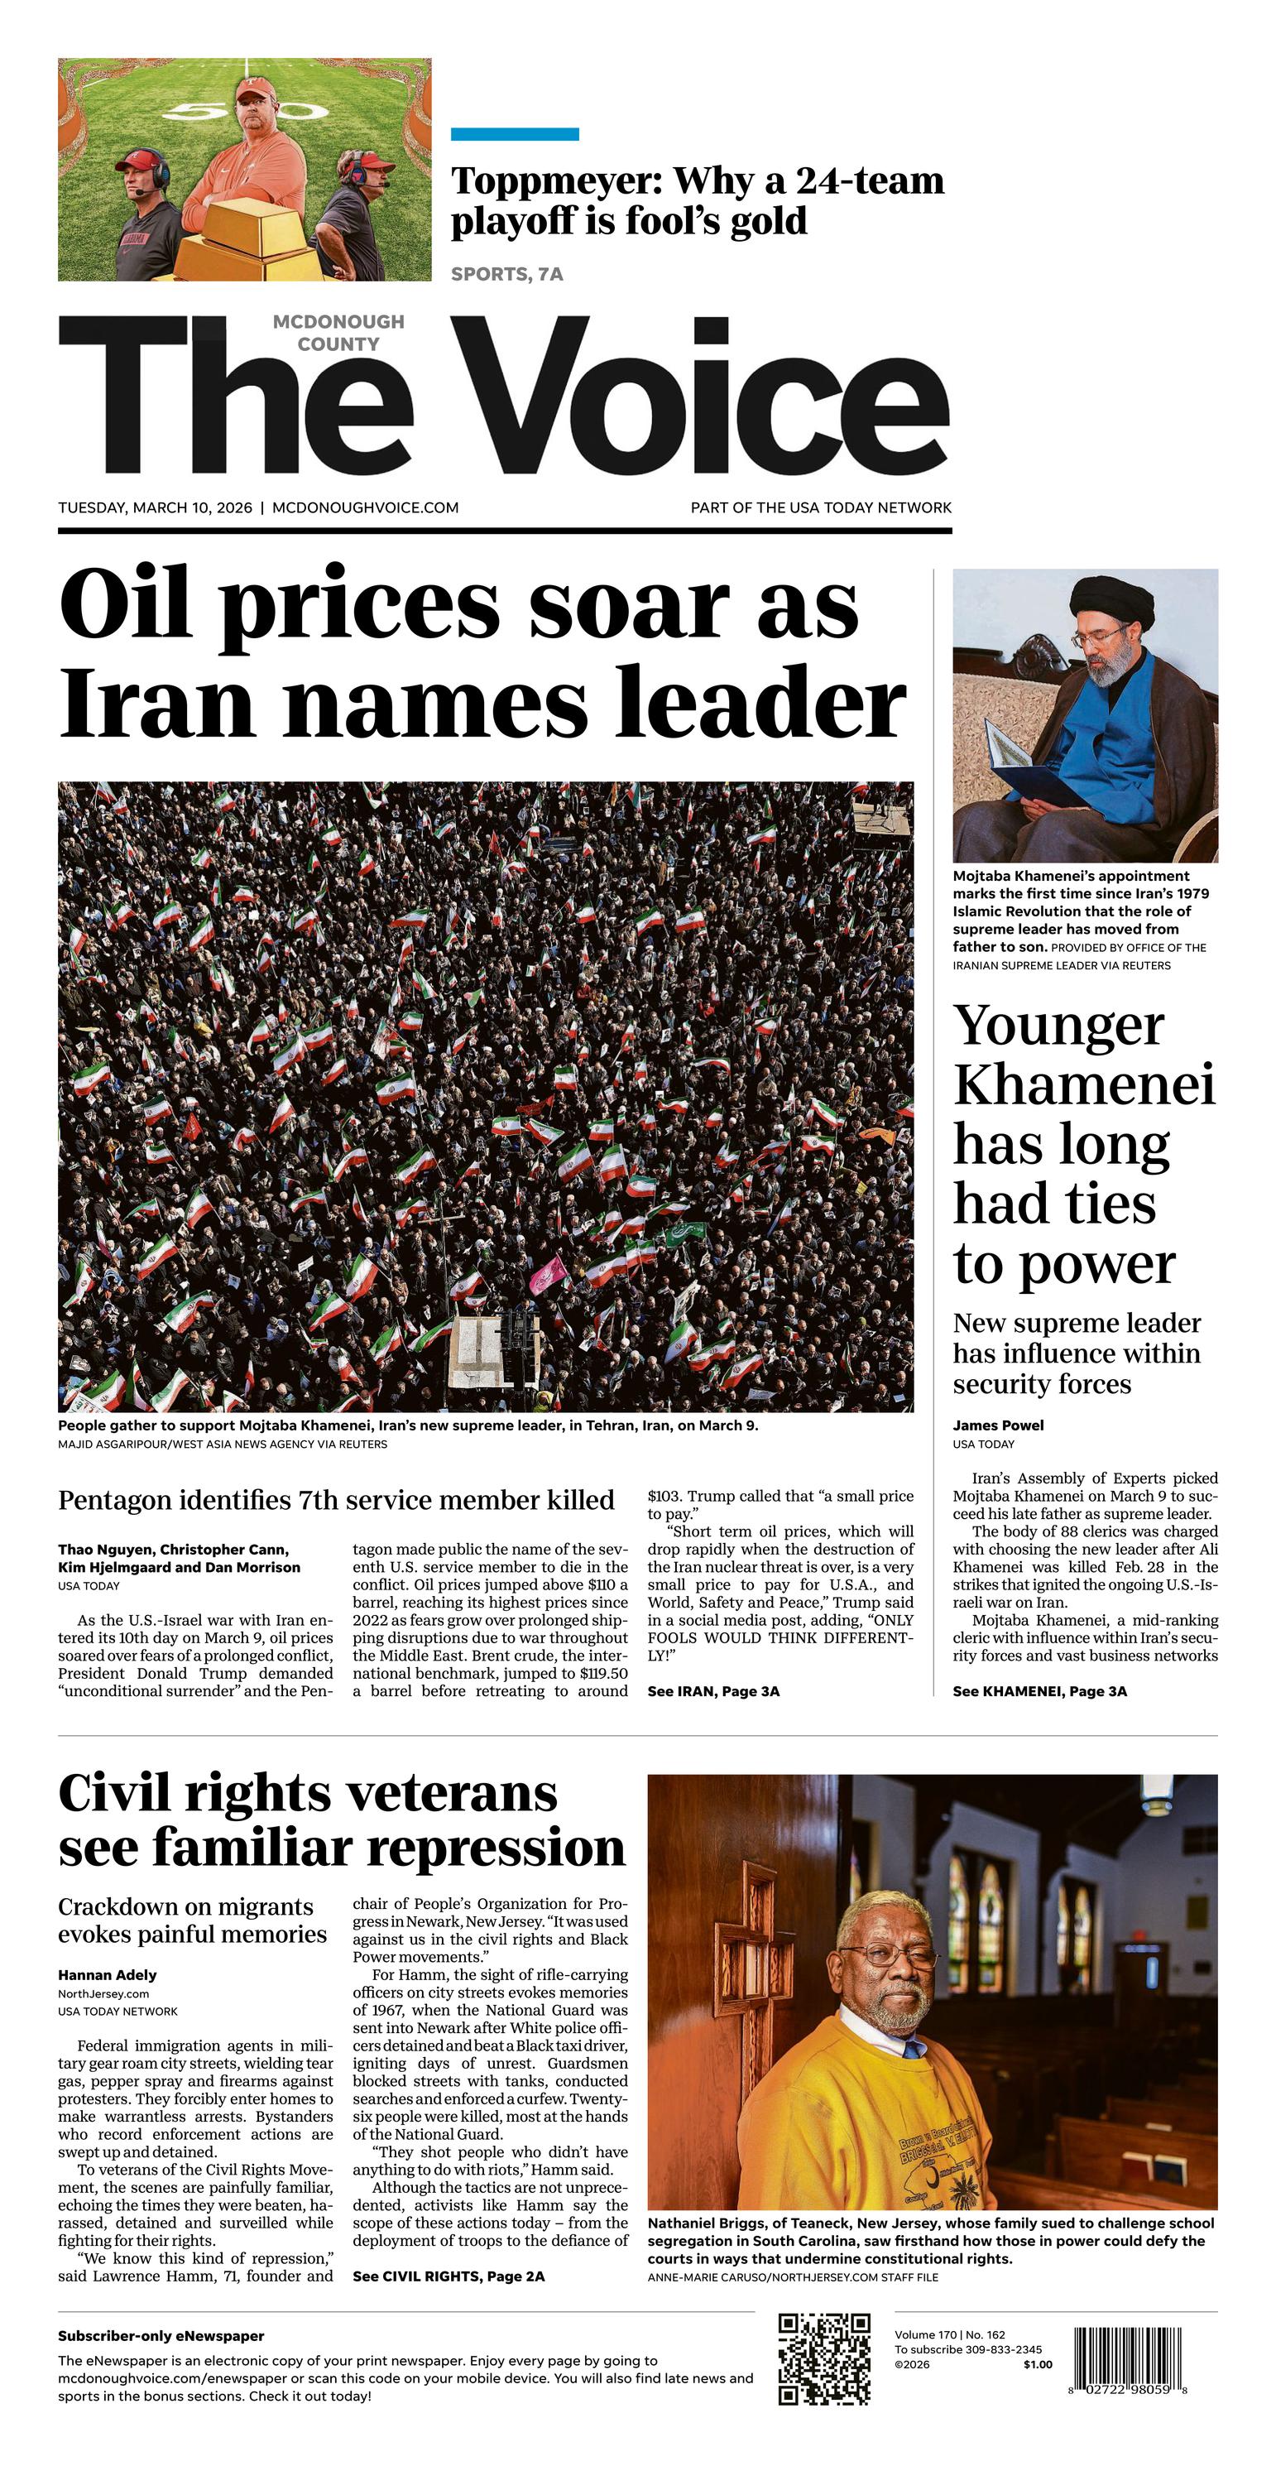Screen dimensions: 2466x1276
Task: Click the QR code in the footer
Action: pos(823,2358)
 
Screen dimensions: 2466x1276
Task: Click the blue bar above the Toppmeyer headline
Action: pos(514,134)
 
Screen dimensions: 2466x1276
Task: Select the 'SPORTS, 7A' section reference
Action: pos(506,275)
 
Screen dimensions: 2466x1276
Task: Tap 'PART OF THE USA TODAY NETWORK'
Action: pos(820,507)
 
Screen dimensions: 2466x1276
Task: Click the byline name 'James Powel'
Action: pos(997,1425)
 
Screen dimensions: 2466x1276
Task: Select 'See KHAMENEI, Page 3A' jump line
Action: pos(1039,1691)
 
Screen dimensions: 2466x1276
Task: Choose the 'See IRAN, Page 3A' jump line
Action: pos(713,1691)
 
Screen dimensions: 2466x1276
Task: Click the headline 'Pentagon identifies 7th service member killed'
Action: pos(336,1500)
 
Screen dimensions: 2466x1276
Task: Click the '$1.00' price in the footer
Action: pos(1037,2364)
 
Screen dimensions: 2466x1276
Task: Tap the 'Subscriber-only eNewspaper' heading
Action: pos(161,2336)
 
